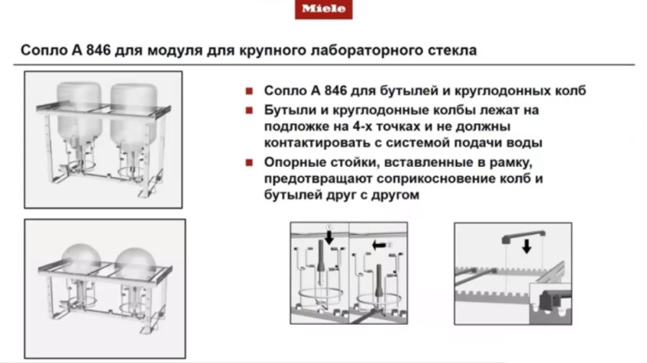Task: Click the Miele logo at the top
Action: (324, 9)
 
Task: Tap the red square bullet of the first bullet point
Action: (250, 91)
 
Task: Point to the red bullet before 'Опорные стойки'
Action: (250, 164)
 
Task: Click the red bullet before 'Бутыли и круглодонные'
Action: (250, 111)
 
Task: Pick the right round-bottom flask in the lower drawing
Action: (136, 262)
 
